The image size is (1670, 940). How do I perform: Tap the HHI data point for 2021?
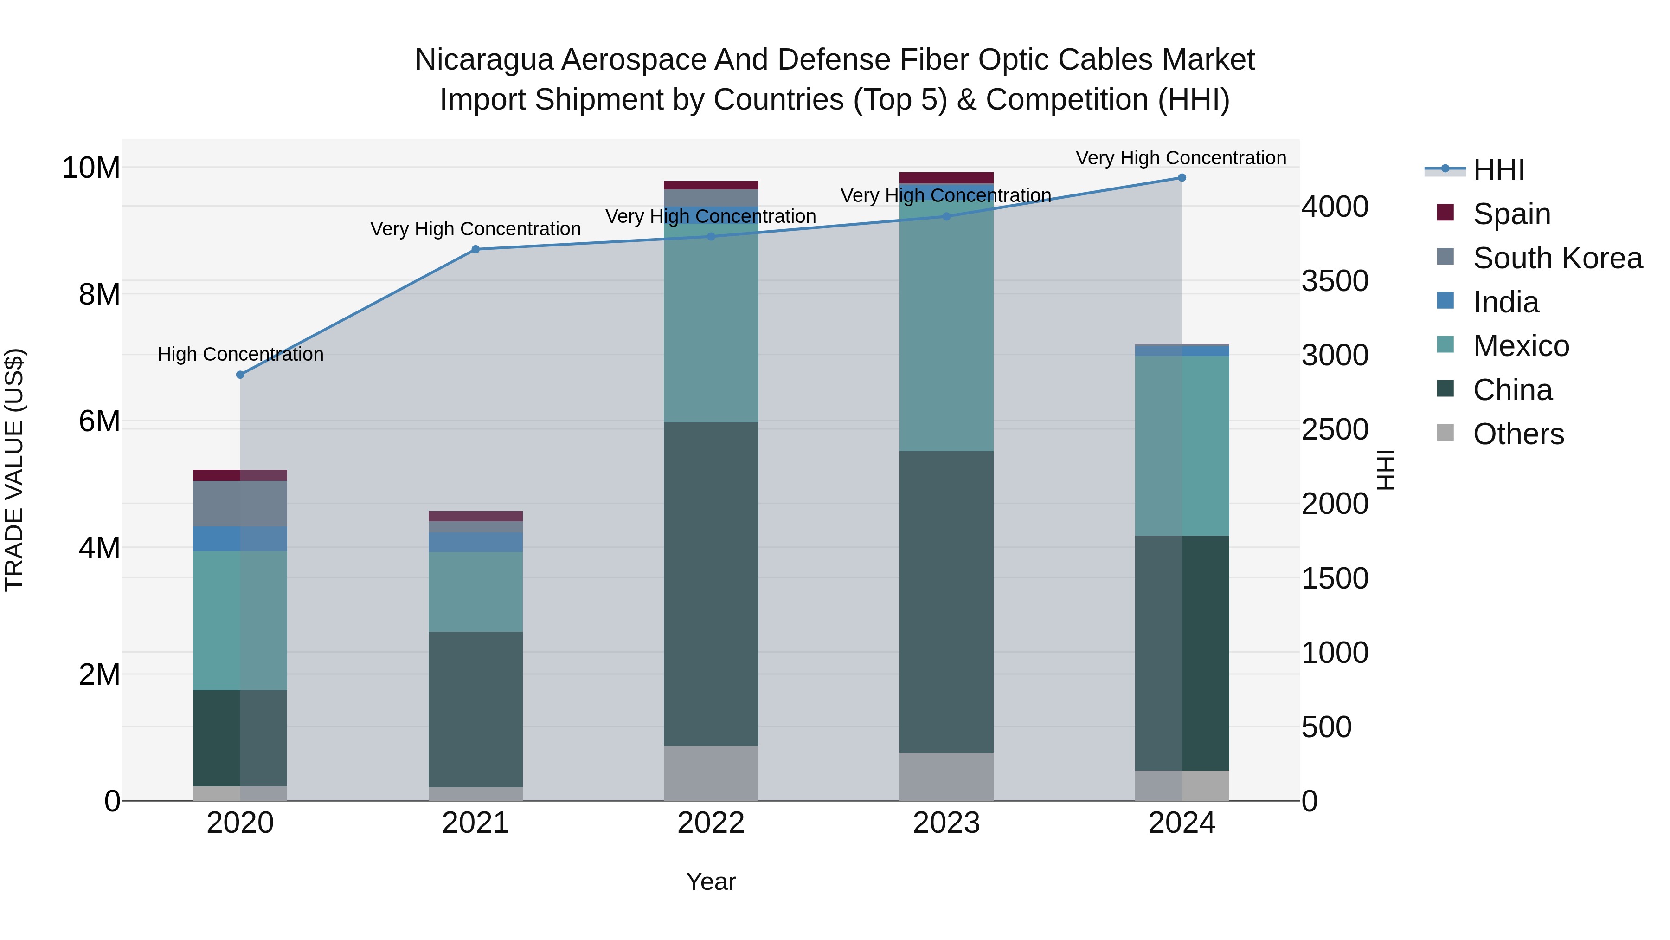475,249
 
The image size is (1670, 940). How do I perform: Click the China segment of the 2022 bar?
711,584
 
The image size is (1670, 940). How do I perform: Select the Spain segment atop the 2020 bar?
240,475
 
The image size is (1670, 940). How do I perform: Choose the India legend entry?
1505,302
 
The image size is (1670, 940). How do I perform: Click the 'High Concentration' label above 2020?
240,354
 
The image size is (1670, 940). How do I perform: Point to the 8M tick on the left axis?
99,294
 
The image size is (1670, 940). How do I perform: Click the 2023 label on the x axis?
946,823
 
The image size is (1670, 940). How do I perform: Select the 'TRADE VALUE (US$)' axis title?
14,470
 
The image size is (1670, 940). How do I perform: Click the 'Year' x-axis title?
711,882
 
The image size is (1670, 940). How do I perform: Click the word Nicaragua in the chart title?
484,60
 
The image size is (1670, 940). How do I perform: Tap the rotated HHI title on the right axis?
1385,470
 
